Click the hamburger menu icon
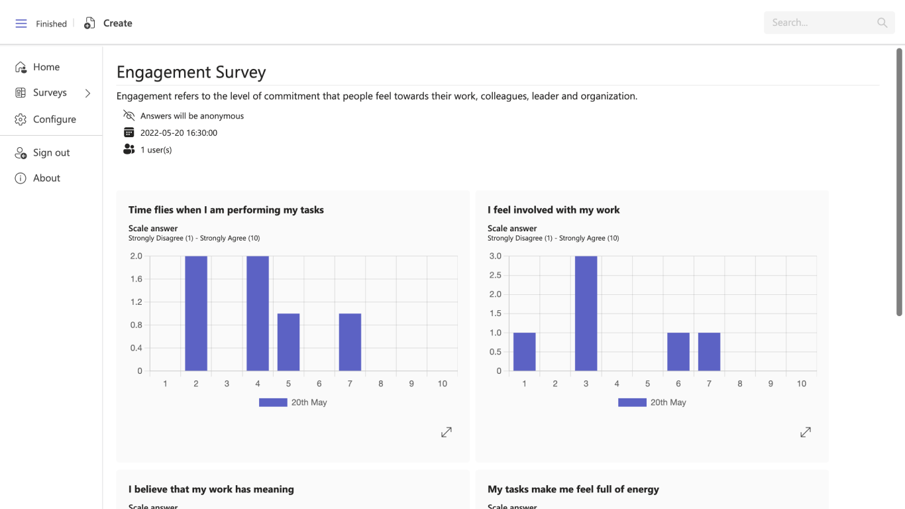tap(21, 23)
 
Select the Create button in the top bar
tap(109, 23)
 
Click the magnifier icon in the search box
tap(882, 23)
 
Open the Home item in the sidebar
tap(46, 67)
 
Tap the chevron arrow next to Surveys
tap(87, 93)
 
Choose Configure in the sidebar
tap(54, 119)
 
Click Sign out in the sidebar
tap(51, 152)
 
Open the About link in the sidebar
tap(46, 178)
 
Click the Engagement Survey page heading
tap(191, 72)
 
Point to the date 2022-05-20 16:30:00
tap(179, 133)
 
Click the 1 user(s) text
tap(156, 150)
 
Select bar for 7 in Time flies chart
tap(350, 342)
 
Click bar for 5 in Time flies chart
tap(288, 342)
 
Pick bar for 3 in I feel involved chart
tap(586, 313)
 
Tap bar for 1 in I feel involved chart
tap(524, 351)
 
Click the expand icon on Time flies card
tap(447, 432)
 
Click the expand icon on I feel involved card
tap(806, 432)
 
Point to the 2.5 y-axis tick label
tap(494, 275)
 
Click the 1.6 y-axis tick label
tap(136, 279)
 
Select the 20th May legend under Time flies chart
tap(293, 402)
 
